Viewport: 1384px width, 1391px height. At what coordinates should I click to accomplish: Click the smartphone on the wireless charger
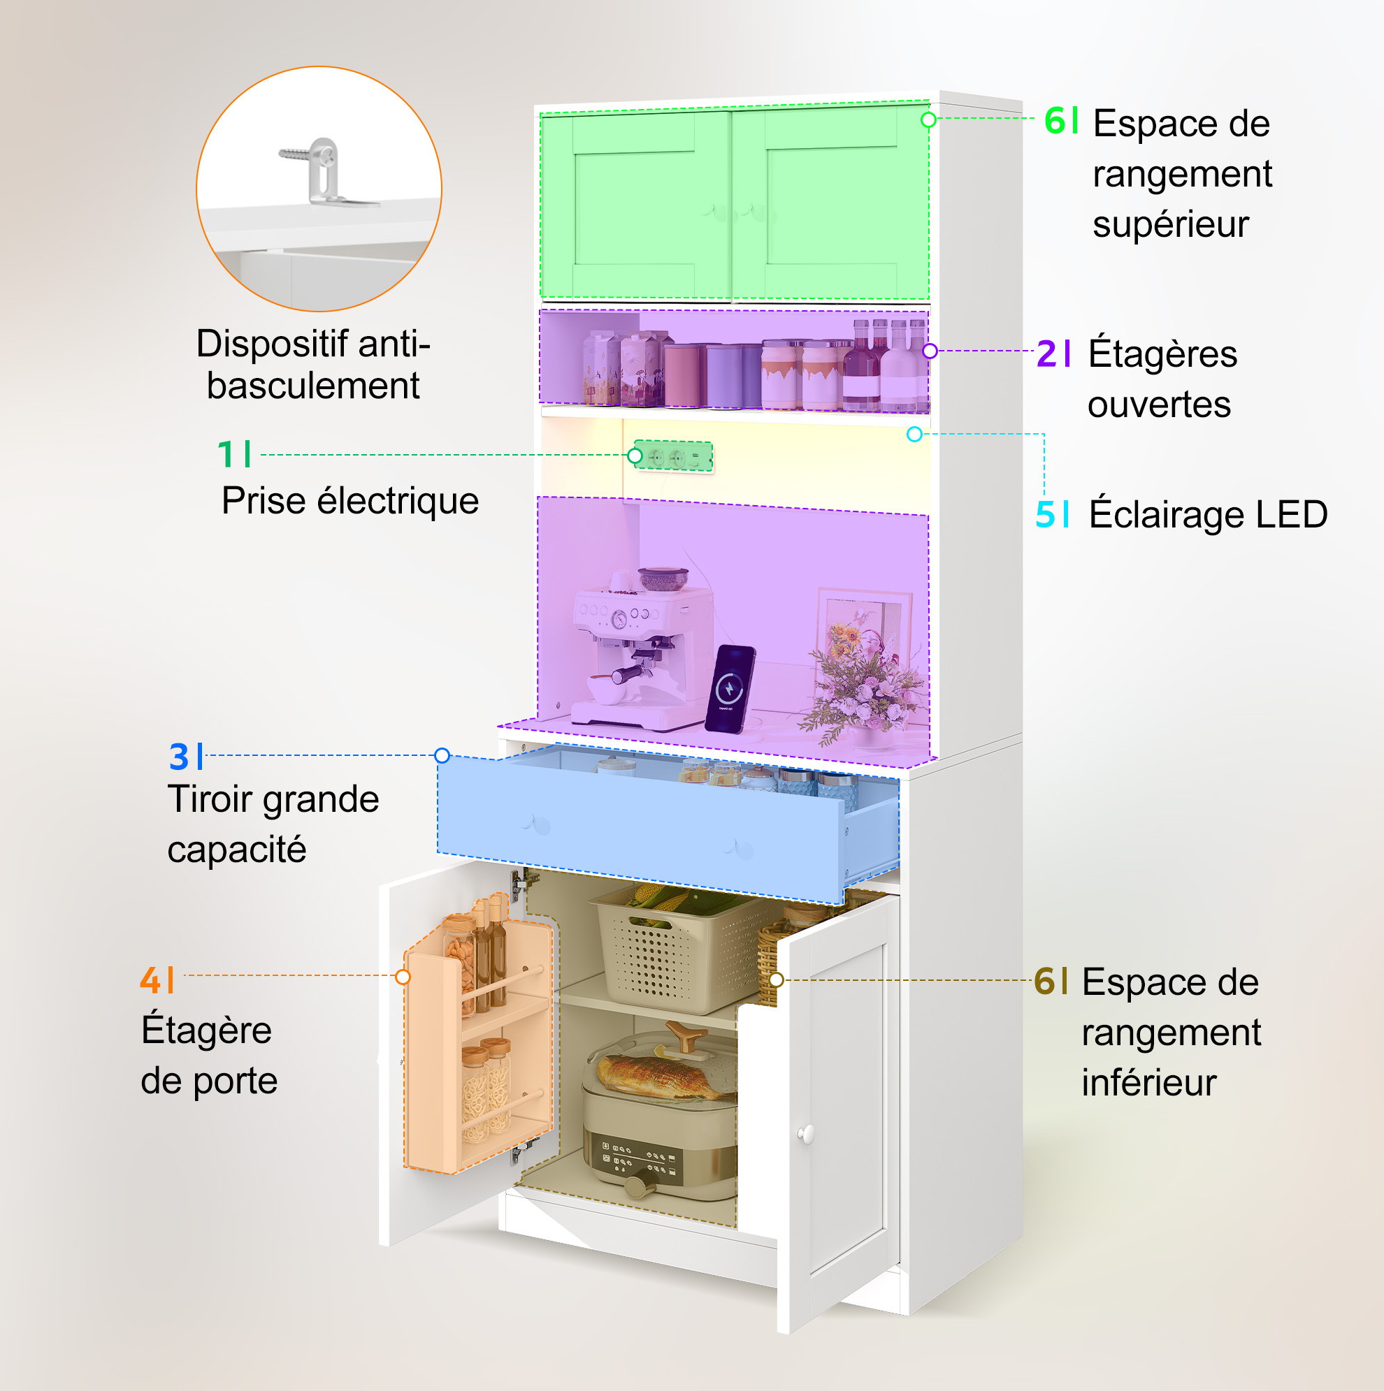730,688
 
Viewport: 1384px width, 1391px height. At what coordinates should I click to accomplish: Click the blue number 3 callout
179,757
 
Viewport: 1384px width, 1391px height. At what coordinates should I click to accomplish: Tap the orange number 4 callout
150,980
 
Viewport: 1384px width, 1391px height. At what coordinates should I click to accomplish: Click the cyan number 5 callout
1046,514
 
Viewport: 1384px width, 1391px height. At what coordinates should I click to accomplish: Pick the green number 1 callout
226,454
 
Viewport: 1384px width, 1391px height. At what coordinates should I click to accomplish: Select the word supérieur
1171,225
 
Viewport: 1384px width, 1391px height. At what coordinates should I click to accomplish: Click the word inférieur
1149,1083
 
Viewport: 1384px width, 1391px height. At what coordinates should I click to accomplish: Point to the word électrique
398,501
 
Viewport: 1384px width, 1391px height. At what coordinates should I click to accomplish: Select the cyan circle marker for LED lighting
914,434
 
